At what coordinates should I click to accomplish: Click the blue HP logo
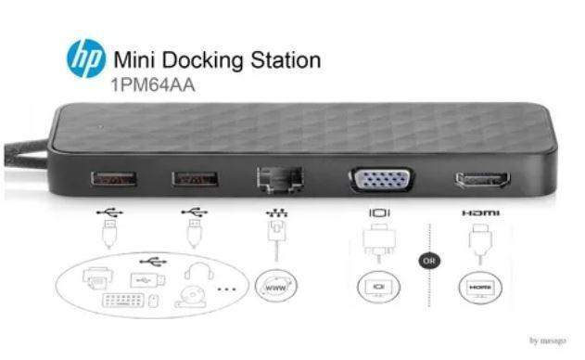85,58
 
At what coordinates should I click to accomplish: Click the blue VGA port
382,178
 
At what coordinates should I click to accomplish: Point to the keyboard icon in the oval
125,302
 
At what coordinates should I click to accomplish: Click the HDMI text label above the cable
480,212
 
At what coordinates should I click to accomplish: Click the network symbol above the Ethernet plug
276,213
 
